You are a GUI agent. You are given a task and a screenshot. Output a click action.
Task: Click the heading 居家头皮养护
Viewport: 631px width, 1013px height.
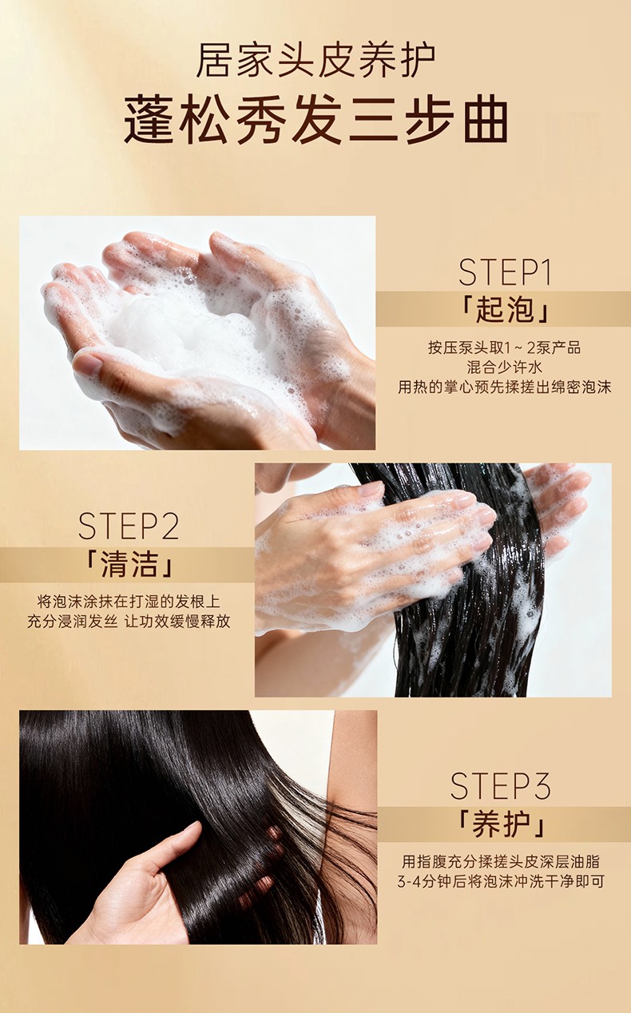315,60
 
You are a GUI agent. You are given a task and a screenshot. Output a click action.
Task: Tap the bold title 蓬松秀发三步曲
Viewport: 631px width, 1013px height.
315,119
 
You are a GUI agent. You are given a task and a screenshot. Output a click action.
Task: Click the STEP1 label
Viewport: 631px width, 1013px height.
505,272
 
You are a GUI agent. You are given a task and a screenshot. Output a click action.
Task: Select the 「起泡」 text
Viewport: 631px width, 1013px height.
505,310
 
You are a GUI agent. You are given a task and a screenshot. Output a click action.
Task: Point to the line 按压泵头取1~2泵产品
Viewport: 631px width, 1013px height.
505,348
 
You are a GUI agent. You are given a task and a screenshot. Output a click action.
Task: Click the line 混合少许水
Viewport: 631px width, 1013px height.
505,367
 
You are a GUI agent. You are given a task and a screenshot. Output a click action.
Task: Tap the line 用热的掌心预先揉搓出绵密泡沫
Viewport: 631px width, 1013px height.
505,387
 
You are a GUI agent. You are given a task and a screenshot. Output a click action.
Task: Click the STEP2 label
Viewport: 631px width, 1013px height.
129,526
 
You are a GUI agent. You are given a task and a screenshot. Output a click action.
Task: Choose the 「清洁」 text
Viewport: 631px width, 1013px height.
129,564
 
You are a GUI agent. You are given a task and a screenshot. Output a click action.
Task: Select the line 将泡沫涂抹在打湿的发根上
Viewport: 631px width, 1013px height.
129,602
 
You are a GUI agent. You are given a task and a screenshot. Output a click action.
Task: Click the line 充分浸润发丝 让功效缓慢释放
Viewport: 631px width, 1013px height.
129,622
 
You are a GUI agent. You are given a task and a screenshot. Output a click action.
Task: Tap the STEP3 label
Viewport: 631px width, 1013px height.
501,786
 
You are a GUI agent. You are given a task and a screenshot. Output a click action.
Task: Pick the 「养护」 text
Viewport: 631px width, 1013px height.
501,824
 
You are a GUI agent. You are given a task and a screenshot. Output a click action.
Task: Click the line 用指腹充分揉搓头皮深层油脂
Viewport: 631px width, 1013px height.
501,861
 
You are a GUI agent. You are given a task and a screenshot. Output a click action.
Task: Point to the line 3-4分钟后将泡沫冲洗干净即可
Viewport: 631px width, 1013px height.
501,881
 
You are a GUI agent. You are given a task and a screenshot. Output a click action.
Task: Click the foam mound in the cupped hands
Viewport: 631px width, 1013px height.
181,335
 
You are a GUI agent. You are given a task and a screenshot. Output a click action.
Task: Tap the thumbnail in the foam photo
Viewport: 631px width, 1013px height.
88,363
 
